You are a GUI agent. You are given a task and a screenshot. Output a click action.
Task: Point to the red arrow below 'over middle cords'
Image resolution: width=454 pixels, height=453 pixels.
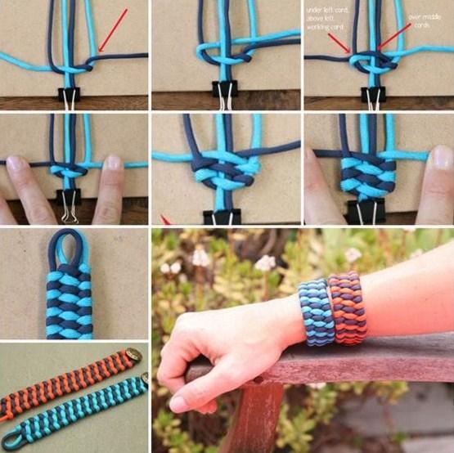pyautogui.click(x=395, y=37)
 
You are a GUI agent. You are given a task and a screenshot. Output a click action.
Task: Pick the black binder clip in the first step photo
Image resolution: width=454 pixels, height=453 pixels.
pyautogui.click(x=68, y=95)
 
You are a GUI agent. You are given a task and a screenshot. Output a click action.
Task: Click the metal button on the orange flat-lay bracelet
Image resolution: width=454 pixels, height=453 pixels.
pyautogui.click(x=132, y=356)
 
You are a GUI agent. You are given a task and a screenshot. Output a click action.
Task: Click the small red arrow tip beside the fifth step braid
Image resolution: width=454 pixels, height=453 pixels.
pyautogui.click(x=164, y=220)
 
